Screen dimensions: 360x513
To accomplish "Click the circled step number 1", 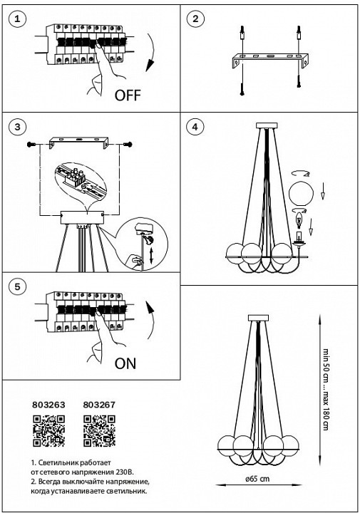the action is (x=17, y=19).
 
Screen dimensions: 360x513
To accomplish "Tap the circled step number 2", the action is (x=195, y=19).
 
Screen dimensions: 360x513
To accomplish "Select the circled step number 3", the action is (x=17, y=127).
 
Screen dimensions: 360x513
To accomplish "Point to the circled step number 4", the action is (x=195, y=127).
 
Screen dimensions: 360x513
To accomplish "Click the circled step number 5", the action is (x=17, y=287).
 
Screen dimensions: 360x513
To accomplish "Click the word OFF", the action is (x=128, y=95).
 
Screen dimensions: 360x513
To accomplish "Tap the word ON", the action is (x=125, y=363).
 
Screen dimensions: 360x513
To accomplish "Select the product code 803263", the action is (x=48, y=405).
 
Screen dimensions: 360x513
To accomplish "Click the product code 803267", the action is (x=99, y=405).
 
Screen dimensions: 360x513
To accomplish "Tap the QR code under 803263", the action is (x=48, y=431).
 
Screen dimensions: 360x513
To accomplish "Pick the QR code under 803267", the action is (x=100, y=431).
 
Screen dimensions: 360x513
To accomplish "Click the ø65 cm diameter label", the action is (x=258, y=479).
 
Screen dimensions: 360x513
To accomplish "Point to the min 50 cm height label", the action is (x=326, y=360).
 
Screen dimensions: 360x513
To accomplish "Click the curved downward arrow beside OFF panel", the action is (x=152, y=51).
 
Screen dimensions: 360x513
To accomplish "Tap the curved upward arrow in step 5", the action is (x=151, y=320).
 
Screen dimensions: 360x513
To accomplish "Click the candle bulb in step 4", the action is (x=299, y=219).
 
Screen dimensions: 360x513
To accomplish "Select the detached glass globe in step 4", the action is (x=301, y=195).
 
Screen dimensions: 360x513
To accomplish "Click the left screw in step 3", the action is (x=32, y=144).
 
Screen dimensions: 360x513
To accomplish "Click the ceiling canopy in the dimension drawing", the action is (x=258, y=318).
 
